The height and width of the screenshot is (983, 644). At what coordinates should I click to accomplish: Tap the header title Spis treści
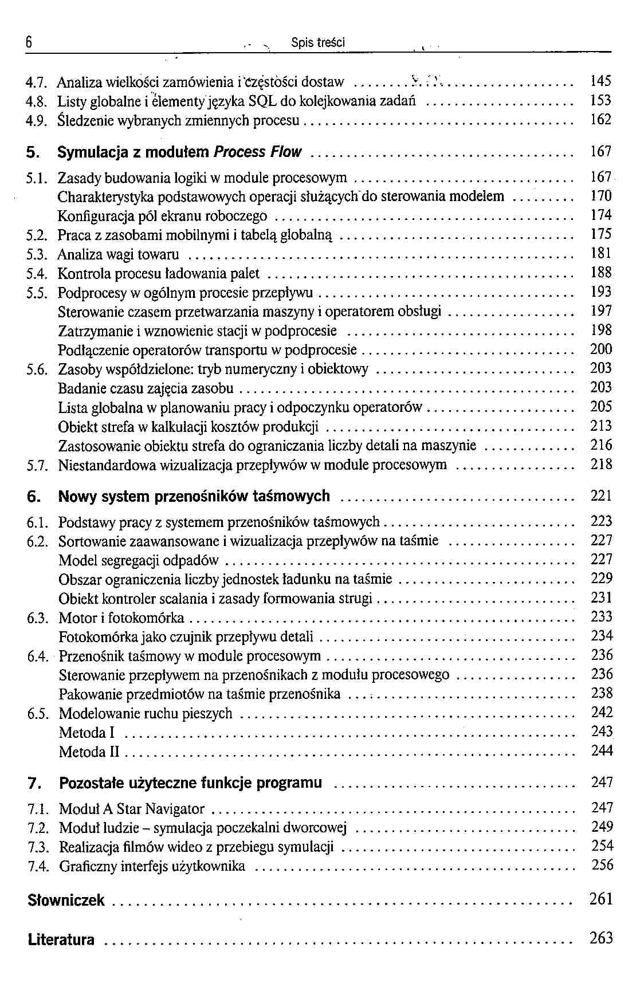[317, 43]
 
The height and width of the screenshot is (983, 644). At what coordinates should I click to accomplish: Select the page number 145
[600, 81]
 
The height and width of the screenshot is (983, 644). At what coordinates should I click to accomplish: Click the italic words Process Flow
[257, 152]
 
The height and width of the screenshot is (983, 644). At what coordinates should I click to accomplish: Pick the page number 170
[601, 196]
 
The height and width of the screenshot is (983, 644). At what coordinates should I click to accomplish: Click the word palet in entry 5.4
[246, 273]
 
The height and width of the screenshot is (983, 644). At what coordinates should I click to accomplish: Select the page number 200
[601, 349]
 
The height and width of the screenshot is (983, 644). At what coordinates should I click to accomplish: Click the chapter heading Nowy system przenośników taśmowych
[194, 496]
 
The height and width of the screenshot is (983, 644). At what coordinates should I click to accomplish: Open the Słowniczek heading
[66, 900]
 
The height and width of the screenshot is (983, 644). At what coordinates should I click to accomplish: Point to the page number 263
[601, 938]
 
